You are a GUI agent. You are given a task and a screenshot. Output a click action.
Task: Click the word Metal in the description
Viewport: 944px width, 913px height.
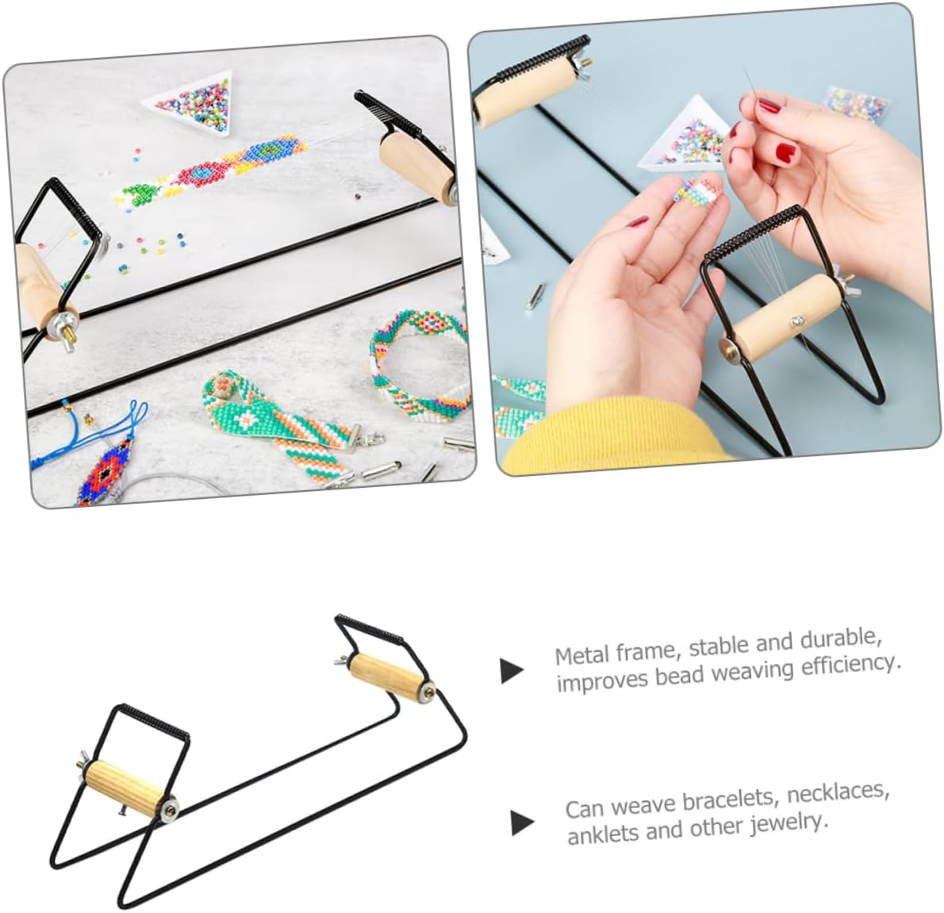pyautogui.click(x=583, y=654)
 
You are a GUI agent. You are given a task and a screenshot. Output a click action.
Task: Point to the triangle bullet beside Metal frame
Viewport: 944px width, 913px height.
pyautogui.click(x=512, y=670)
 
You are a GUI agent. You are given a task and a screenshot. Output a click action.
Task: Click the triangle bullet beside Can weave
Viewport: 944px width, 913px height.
pyautogui.click(x=522, y=823)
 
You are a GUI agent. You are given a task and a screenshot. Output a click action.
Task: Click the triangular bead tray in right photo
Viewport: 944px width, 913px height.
pyautogui.click(x=690, y=136)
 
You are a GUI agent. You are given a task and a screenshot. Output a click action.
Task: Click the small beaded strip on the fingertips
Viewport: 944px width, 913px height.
pyautogui.click(x=698, y=188)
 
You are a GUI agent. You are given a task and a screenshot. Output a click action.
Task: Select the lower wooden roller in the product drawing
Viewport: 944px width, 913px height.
pyautogui.click(x=129, y=787)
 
